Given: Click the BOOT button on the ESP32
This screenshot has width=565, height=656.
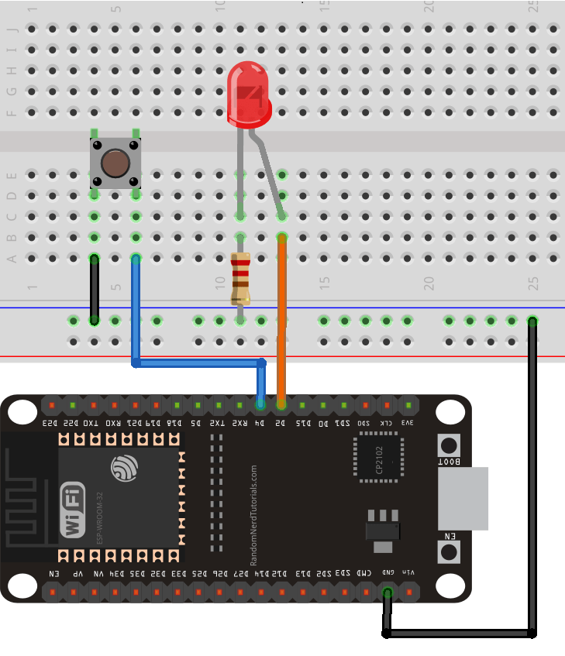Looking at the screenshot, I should (x=449, y=445).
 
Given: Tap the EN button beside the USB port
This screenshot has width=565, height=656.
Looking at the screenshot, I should (x=449, y=551).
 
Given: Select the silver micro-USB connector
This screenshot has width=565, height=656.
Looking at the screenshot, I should (x=463, y=498).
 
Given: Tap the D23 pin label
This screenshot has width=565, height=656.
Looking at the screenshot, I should (x=50, y=423).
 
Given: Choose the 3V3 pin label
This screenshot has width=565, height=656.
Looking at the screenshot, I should (x=408, y=423).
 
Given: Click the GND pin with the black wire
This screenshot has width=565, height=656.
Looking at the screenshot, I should (x=388, y=592).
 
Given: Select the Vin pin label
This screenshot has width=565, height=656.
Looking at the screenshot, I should (x=408, y=572).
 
